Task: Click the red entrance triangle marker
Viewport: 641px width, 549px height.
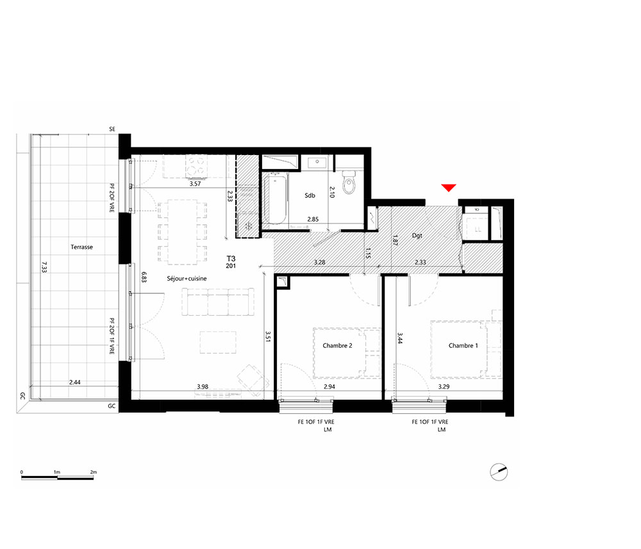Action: point(449,188)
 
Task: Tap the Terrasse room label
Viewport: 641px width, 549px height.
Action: point(82,247)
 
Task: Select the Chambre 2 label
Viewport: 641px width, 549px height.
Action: point(337,345)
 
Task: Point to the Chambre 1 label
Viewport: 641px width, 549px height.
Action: point(463,345)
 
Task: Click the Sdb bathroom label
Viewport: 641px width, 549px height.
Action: point(310,195)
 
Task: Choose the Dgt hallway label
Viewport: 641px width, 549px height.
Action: point(417,236)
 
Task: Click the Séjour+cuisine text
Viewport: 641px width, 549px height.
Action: point(187,279)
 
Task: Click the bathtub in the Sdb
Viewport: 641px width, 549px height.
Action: point(275,199)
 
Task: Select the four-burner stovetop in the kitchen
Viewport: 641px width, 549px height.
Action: point(196,166)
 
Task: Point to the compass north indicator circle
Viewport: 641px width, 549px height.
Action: point(499,472)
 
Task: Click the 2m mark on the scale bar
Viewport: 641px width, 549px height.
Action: point(94,472)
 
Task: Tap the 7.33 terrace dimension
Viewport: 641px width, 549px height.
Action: point(44,267)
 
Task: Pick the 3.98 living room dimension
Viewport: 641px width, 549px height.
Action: point(203,386)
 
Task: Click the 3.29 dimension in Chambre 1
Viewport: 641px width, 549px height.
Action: point(444,386)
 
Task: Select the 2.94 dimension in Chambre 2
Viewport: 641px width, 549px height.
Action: point(329,386)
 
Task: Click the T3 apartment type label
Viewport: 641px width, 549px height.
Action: point(231,259)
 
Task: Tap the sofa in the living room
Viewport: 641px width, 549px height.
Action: point(218,302)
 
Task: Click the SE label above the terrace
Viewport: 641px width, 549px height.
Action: point(112,129)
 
